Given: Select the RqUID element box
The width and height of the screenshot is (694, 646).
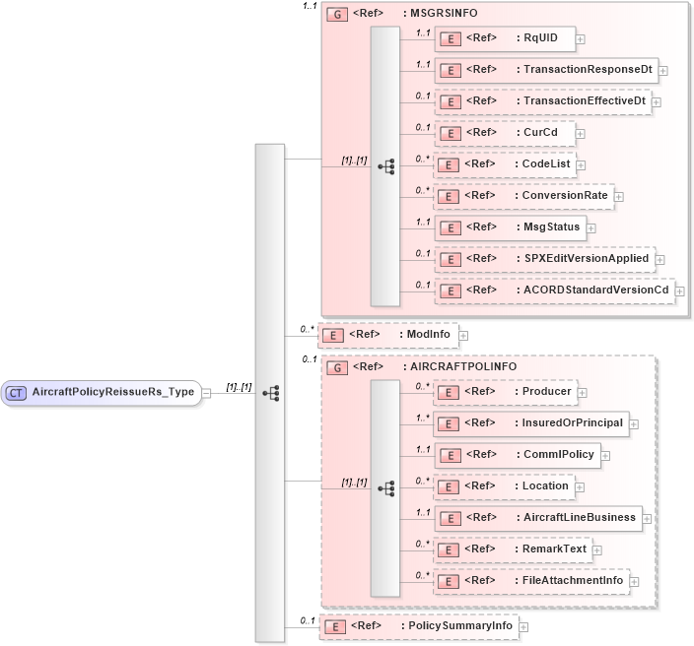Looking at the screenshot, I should pyautogui.click(x=505, y=38).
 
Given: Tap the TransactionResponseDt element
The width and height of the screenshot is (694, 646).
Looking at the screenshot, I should pyautogui.click(x=546, y=70).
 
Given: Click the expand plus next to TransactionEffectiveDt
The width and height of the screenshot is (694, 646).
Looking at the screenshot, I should pyautogui.click(x=657, y=102).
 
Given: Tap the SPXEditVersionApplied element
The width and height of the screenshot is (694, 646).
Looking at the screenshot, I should pyautogui.click(x=544, y=259).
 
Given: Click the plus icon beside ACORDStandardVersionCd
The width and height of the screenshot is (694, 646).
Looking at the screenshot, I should pyautogui.click(x=679, y=291).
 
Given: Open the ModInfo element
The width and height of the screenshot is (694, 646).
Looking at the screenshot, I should pyautogui.click(x=387, y=335).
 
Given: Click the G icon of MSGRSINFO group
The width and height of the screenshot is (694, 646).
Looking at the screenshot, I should pyautogui.click(x=337, y=15).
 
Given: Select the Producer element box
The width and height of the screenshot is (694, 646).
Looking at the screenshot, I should pyautogui.click(x=505, y=392).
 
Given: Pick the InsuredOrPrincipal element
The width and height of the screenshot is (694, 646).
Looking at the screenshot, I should pyautogui.click(x=530, y=423).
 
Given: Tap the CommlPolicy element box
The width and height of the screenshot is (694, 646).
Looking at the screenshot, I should pyautogui.click(x=517, y=455).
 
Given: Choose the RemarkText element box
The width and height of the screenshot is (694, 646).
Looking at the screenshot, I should pyautogui.click(x=513, y=549).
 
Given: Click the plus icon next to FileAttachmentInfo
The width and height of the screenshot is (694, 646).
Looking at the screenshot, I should pyautogui.click(x=635, y=582).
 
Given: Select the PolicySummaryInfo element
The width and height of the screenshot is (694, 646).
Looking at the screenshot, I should pyautogui.click(x=419, y=625).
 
